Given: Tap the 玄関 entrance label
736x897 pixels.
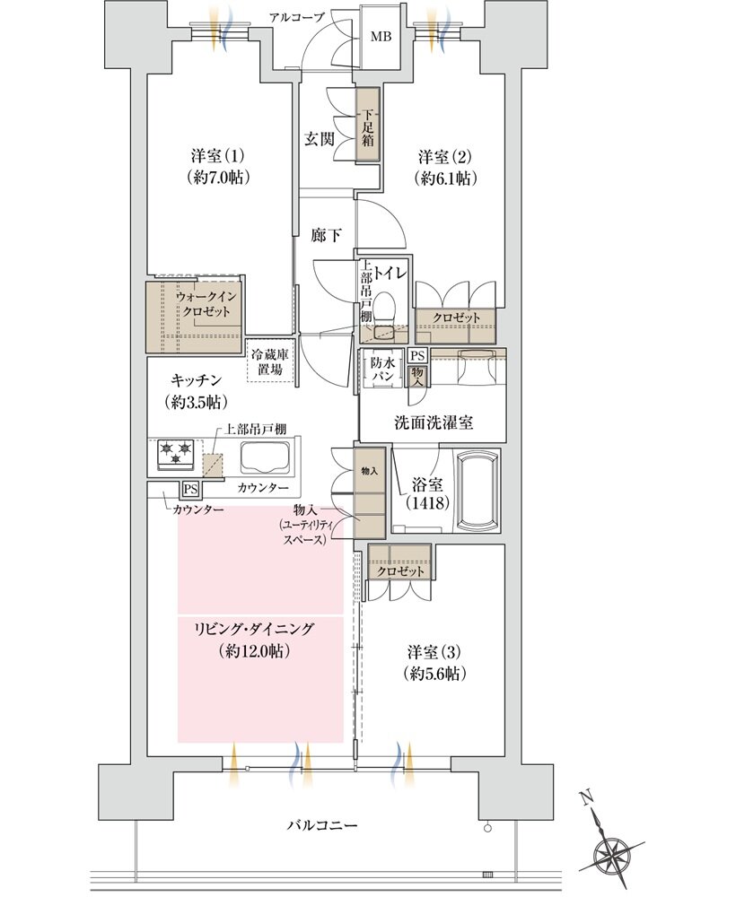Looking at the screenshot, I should [x=320, y=139].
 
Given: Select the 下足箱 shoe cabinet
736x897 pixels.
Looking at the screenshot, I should [x=369, y=125].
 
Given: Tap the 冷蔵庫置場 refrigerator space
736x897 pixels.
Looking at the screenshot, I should [x=269, y=361].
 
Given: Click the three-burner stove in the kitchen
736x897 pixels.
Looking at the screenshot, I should [x=177, y=453].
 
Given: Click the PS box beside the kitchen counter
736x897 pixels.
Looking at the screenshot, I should [x=190, y=489].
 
